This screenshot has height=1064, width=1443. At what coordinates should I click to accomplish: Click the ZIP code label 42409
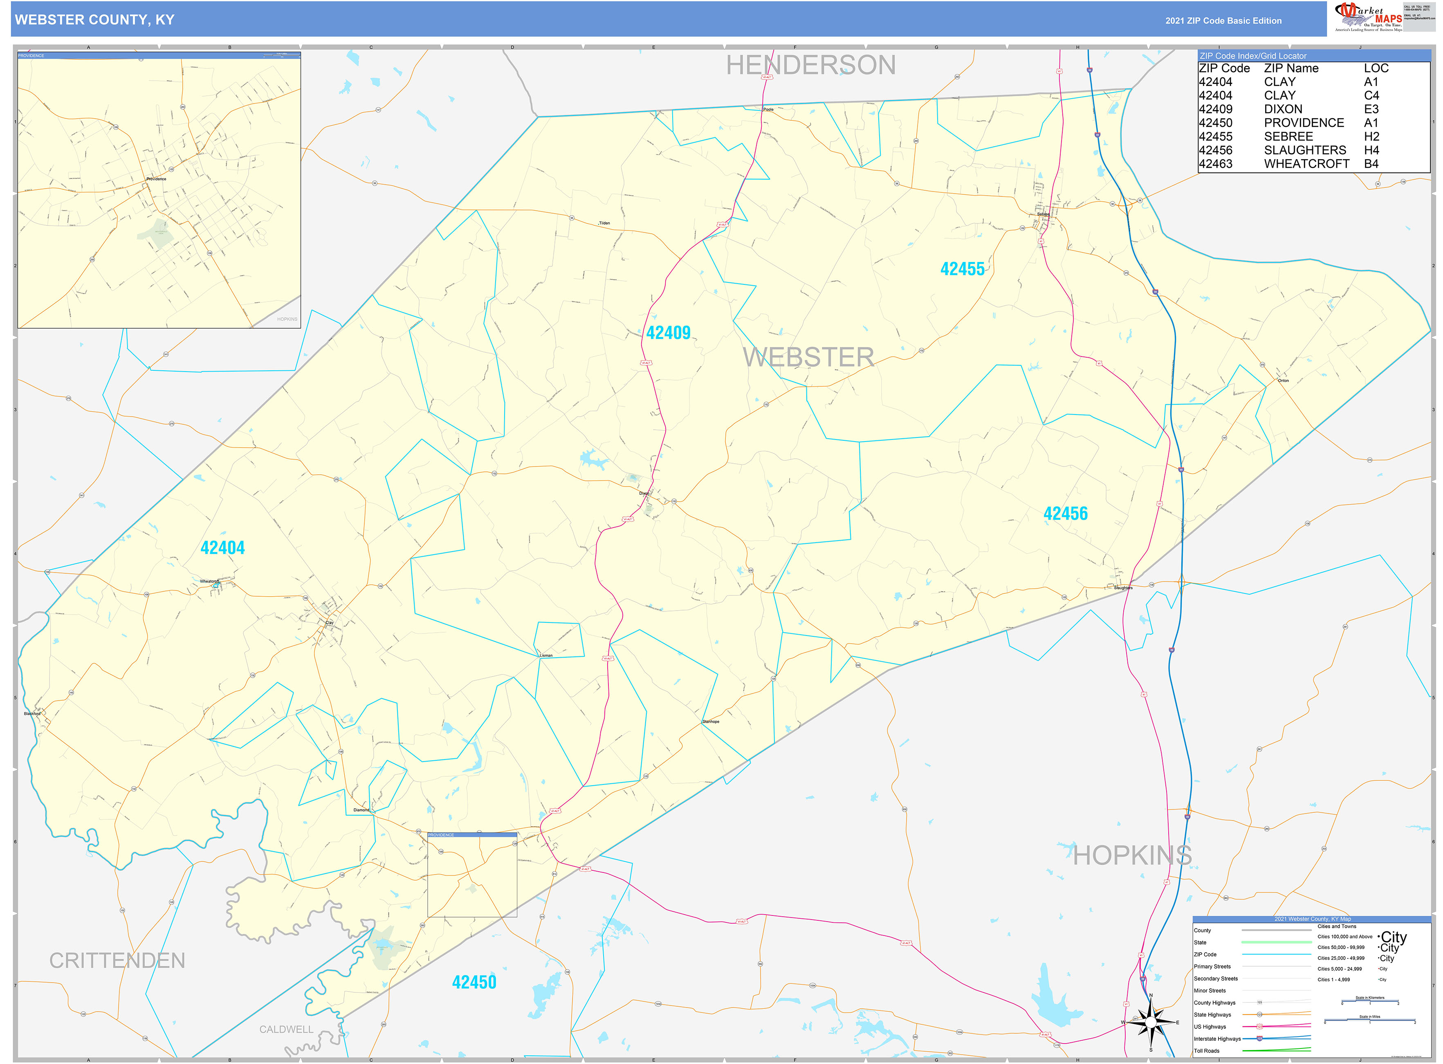pyautogui.click(x=668, y=333)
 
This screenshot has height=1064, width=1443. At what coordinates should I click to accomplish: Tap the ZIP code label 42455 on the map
pyautogui.click(x=962, y=269)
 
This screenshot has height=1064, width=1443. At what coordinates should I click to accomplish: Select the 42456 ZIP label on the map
pyautogui.click(x=1065, y=514)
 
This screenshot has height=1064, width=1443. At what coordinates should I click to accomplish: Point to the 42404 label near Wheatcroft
pyautogui.click(x=223, y=548)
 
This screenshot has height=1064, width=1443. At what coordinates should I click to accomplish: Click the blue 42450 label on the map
pyautogui.click(x=474, y=982)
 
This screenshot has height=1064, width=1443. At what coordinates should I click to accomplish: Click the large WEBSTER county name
pyautogui.click(x=808, y=357)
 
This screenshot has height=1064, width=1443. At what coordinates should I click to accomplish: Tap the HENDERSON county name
pyautogui.click(x=810, y=65)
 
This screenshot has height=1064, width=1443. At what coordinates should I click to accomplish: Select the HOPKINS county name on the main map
pyautogui.click(x=1132, y=855)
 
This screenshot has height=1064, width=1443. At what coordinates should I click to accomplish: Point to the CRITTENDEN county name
pyautogui.click(x=117, y=960)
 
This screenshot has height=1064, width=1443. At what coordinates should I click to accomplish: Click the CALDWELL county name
pyautogui.click(x=286, y=1029)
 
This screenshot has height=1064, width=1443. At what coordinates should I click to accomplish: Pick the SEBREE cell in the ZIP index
pyautogui.click(x=1288, y=137)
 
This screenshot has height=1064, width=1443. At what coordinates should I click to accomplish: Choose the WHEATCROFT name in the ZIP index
pyautogui.click(x=1306, y=164)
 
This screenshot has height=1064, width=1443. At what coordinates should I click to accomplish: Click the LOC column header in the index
pyautogui.click(x=1376, y=68)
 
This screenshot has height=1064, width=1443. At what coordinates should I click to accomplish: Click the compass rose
pyautogui.click(x=1151, y=1022)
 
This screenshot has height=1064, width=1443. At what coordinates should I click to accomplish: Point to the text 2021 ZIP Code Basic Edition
pyautogui.click(x=1223, y=20)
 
